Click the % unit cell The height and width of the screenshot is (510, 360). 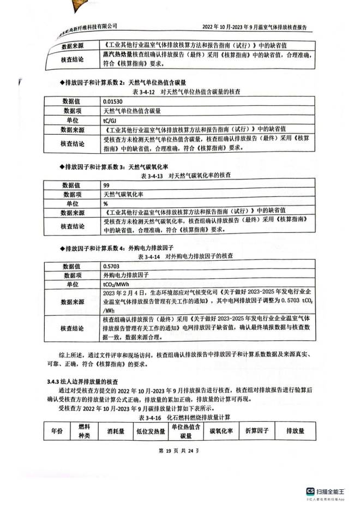click(105, 203)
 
